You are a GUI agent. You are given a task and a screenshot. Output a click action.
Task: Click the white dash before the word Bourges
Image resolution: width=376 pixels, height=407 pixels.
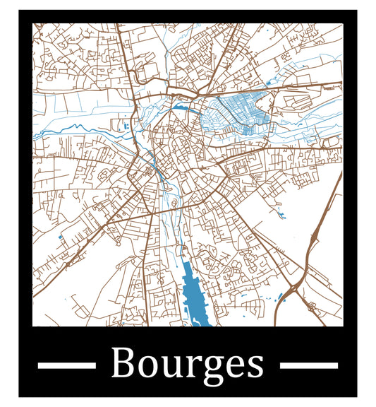(x=66, y=365)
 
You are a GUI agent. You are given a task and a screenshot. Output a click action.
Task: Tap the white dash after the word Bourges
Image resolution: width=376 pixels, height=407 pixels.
(x=309, y=365)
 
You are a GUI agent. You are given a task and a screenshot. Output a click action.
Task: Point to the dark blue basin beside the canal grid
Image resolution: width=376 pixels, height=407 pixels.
(x=183, y=108)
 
